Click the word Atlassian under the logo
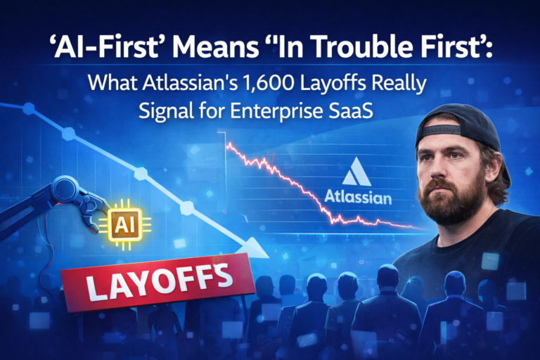click(x=359, y=198)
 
